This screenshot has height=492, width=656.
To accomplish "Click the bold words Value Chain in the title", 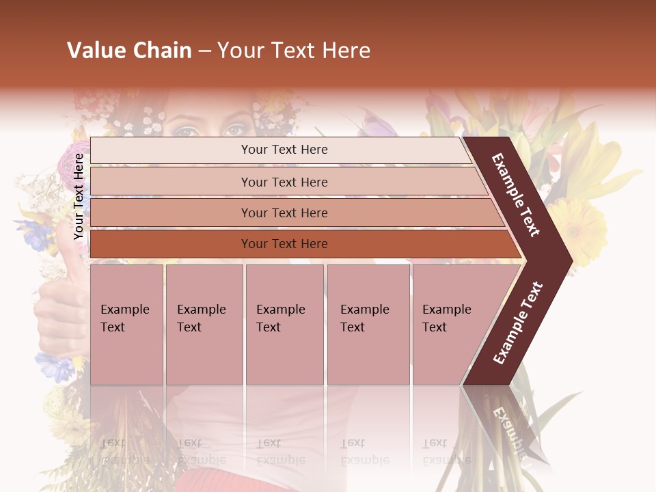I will [x=129, y=51].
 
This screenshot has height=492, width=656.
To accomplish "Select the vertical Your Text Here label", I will [x=79, y=196].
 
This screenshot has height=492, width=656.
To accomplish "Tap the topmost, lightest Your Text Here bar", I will [x=284, y=150].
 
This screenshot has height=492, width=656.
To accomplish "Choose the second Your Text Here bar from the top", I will [x=284, y=182].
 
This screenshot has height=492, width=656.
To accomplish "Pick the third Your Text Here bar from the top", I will [x=284, y=213].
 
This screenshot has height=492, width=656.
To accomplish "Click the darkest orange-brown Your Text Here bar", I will [x=284, y=244].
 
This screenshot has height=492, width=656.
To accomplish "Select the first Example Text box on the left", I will [x=126, y=325].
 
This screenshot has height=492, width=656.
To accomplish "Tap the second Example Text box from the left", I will [x=204, y=325].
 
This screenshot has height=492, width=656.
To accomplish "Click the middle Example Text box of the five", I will [x=284, y=325].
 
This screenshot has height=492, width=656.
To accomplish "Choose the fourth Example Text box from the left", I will [x=368, y=325].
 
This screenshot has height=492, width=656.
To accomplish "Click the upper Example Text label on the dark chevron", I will [x=516, y=195].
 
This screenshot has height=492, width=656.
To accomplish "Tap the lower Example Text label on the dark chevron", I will [x=518, y=323].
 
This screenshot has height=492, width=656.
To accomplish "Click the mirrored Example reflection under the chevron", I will [x=508, y=426].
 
